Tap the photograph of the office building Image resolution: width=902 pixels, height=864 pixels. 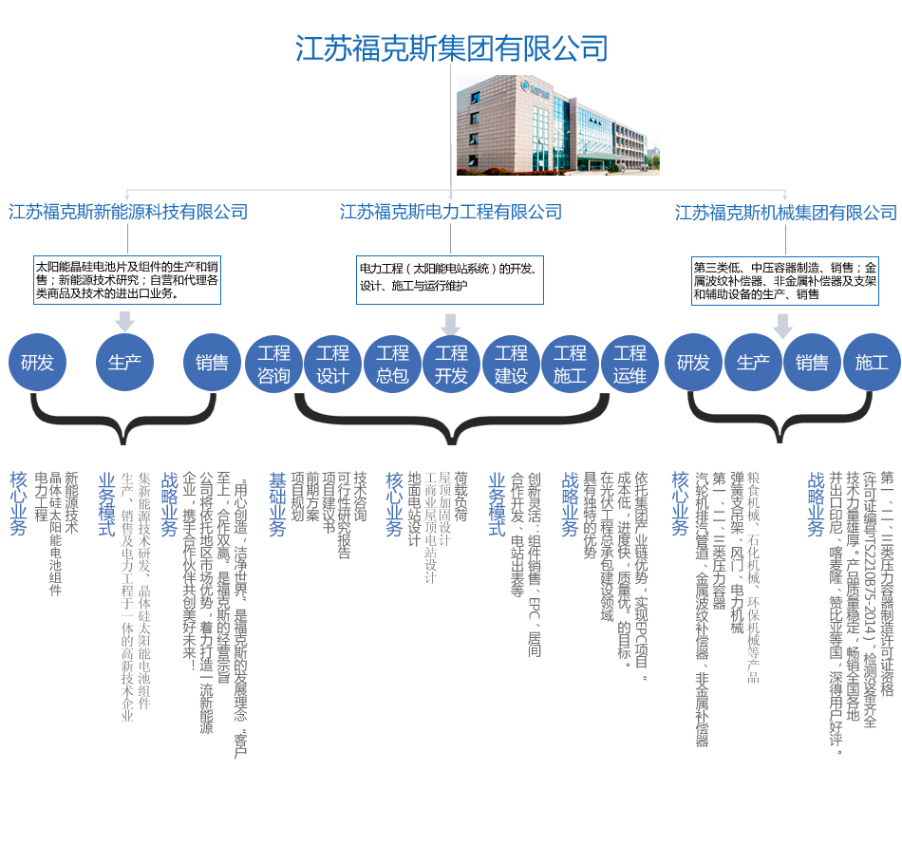pos(557,124)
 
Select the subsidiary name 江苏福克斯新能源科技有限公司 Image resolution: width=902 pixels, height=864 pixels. pos(128,212)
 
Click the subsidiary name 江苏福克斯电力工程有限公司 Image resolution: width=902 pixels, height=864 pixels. pos(451,212)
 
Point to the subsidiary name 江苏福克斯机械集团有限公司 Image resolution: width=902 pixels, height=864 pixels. pos(786,213)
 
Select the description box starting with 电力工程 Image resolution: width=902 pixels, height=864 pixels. pos(450,279)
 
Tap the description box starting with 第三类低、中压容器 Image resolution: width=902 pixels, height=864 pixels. pos(784,281)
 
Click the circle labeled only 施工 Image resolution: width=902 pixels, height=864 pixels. pos(871,363)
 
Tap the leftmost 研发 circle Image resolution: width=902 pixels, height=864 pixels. pos(37,363)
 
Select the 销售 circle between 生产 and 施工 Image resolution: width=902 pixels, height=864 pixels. pos(812,363)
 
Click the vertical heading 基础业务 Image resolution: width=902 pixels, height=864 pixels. pos(277,504)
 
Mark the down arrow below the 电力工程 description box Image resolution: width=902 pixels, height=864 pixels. pos(451,325)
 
